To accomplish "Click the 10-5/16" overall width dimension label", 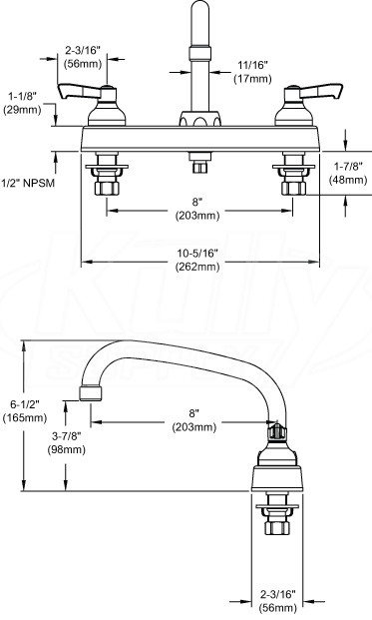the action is coord(197,254).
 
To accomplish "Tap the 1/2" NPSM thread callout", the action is coord(28,183).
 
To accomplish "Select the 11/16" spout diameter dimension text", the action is coord(252,65).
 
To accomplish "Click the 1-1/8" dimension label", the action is coord(22,96).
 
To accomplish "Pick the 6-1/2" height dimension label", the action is coord(25,404).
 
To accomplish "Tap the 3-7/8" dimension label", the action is coord(67,436).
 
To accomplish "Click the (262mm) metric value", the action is coord(197,267).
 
